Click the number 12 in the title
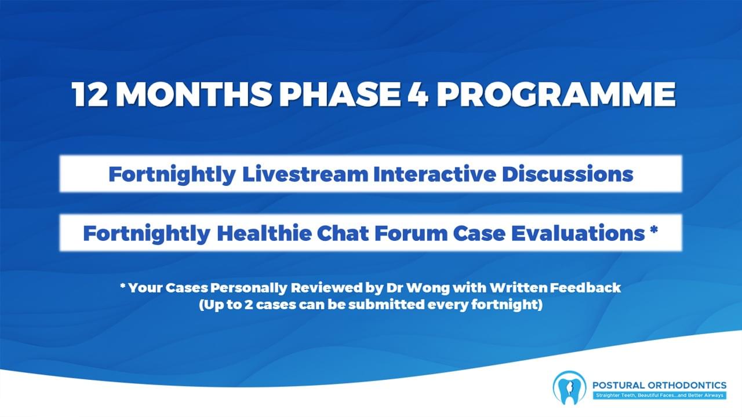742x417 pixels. click(89, 94)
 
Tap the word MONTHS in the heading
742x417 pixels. click(194, 94)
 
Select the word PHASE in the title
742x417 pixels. click(339, 94)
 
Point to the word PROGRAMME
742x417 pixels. click(556, 94)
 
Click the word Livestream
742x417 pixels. click(305, 174)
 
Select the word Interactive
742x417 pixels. click(434, 174)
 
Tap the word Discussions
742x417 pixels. click(567, 174)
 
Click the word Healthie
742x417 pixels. click(264, 233)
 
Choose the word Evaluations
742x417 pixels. click(578, 233)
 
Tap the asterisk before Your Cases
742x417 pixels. click(123, 286)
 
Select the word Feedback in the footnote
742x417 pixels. click(585, 288)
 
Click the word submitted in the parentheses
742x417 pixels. click(386, 304)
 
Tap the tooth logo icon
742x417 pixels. click(569, 387)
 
